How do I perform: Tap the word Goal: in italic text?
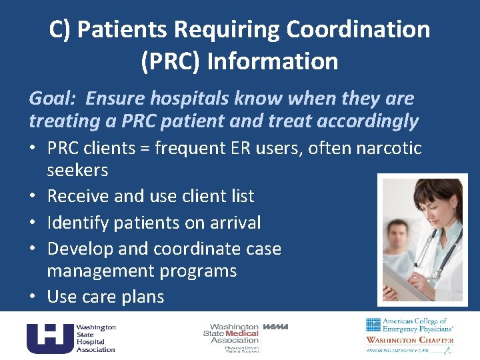pos(53,99)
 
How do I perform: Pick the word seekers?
pos(77,170)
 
